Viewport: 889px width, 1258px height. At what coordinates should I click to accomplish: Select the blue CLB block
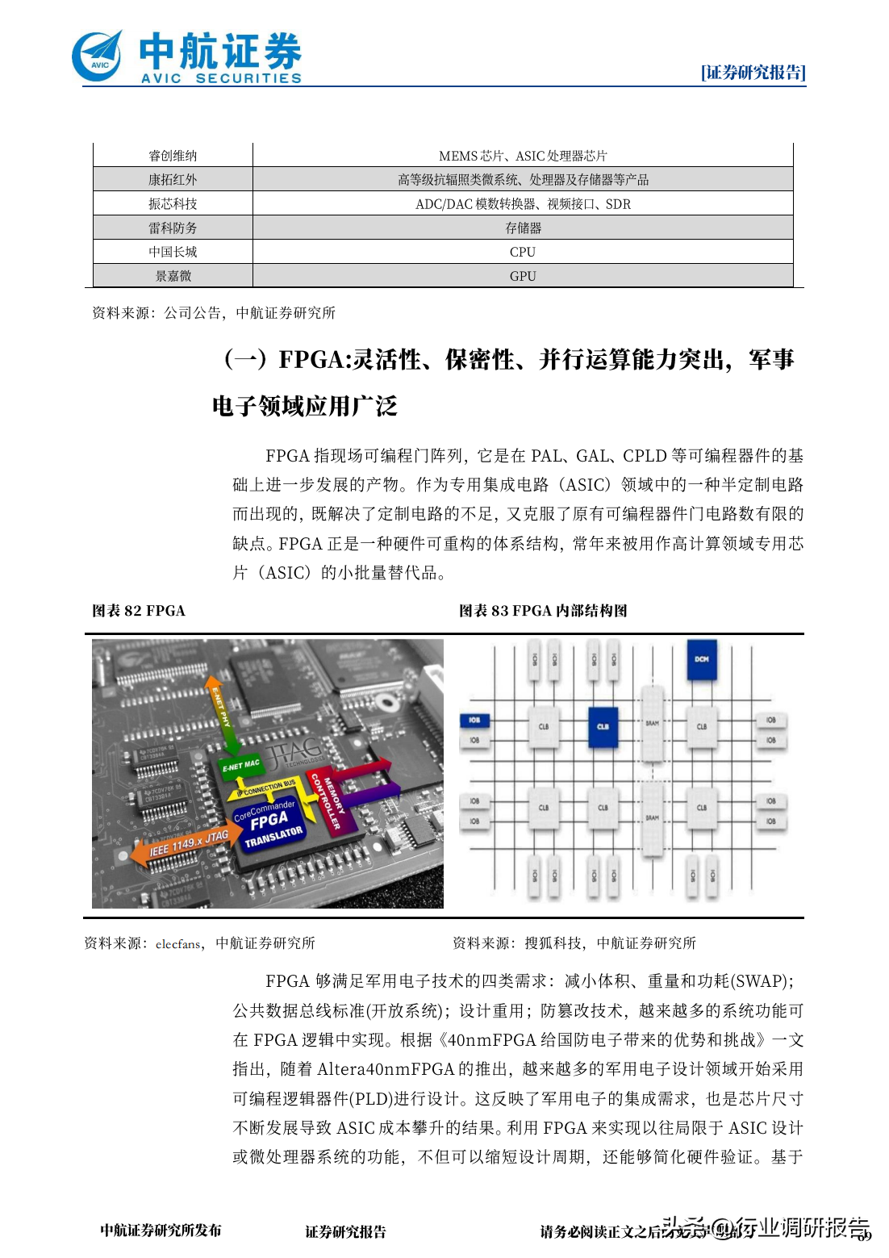tap(603, 725)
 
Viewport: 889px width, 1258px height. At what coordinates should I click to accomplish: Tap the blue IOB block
tap(474, 720)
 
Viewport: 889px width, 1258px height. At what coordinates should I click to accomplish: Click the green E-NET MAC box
tap(241, 765)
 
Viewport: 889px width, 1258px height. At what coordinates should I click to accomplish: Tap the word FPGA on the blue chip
tap(269, 821)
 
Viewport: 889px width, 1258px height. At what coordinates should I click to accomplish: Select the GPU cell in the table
tap(523, 276)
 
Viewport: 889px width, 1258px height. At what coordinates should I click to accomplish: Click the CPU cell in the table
tap(523, 252)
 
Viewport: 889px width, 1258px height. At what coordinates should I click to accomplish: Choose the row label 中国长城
tap(173, 252)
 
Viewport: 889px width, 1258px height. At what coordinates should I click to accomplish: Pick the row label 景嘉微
tap(173, 276)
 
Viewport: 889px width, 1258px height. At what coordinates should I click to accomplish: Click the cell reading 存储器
tap(523, 228)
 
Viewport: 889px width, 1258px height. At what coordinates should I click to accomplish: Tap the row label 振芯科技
tap(173, 203)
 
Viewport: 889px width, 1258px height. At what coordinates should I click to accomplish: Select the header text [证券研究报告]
tap(753, 73)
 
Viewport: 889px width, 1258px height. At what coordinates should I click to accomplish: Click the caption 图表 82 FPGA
tap(139, 611)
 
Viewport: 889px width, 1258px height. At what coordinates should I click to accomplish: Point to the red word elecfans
tap(177, 943)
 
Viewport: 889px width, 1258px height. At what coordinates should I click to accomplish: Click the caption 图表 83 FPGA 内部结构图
tap(543, 611)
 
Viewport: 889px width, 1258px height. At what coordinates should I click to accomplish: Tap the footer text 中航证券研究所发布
tap(161, 1231)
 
